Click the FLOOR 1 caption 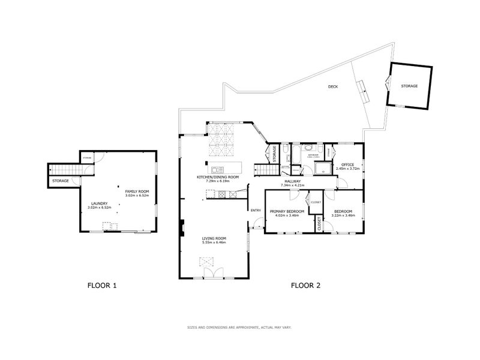102,286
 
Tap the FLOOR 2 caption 305,286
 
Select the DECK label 332,87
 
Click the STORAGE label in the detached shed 409,86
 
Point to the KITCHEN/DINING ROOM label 218,178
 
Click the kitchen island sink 217,167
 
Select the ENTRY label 256,210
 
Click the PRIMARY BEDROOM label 286,211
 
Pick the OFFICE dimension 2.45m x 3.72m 348,169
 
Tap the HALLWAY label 293,181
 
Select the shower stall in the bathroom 325,168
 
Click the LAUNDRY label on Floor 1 100,203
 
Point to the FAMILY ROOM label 136,191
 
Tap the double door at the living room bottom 213,273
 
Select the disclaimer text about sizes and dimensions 239,327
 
